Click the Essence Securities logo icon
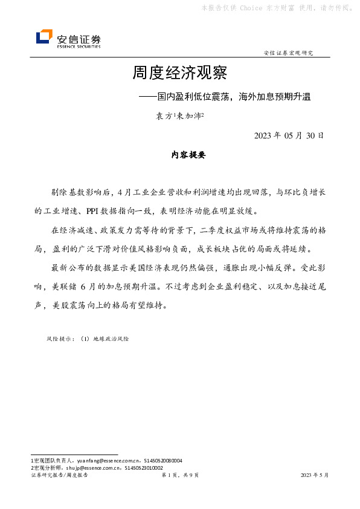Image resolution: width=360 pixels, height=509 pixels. click(x=44, y=37)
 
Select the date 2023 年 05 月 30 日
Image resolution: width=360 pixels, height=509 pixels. click(x=289, y=135)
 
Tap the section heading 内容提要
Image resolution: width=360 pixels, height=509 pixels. click(x=188, y=155)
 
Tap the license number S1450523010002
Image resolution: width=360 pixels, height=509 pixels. click(x=143, y=467)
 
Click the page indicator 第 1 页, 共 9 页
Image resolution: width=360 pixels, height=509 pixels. click(x=179, y=476)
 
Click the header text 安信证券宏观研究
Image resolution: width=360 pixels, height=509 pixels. click(x=289, y=53)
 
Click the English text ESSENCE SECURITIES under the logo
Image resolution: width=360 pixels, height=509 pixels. click(x=79, y=46)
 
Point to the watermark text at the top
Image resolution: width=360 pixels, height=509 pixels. click(x=276, y=8)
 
